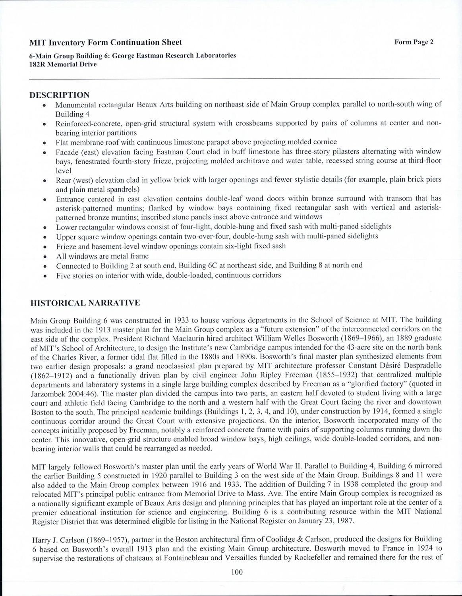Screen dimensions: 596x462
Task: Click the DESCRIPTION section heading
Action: [x=60, y=95]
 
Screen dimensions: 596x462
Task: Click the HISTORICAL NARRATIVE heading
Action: [x=85, y=303]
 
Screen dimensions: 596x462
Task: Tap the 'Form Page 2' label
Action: [x=414, y=42]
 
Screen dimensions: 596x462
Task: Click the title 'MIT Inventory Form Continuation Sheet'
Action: [x=106, y=43]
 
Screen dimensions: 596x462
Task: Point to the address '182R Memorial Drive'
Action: [x=63, y=64]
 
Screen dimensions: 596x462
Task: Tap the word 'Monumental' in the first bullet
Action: [x=74, y=105]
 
